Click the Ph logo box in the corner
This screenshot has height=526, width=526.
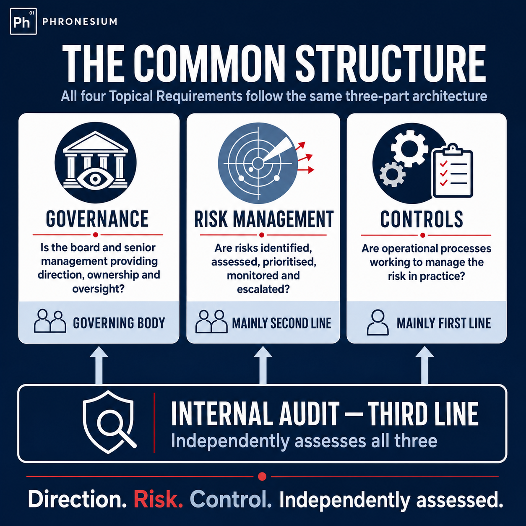click(23, 21)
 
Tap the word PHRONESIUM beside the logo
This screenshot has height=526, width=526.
click(80, 21)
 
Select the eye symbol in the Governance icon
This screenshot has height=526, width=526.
click(95, 180)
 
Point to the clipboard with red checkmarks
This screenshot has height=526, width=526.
click(453, 171)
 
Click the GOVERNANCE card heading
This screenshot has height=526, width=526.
click(97, 219)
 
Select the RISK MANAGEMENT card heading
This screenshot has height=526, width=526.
click(264, 219)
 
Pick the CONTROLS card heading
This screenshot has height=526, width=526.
click(422, 219)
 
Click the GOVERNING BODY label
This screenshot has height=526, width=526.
click(119, 323)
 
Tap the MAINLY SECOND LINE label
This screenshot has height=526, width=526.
click(281, 323)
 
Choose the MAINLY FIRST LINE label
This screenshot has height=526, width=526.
click(443, 323)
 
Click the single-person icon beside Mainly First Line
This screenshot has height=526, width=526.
click(378, 323)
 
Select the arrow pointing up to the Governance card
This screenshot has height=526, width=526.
click(99, 365)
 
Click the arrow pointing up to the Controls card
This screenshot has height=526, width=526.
click(424, 365)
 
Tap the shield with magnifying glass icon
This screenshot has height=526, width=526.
click(109, 422)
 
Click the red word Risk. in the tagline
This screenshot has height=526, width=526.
click(158, 499)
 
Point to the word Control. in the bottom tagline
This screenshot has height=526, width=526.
click(231, 499)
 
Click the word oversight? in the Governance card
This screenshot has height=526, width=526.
click(98, 289)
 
